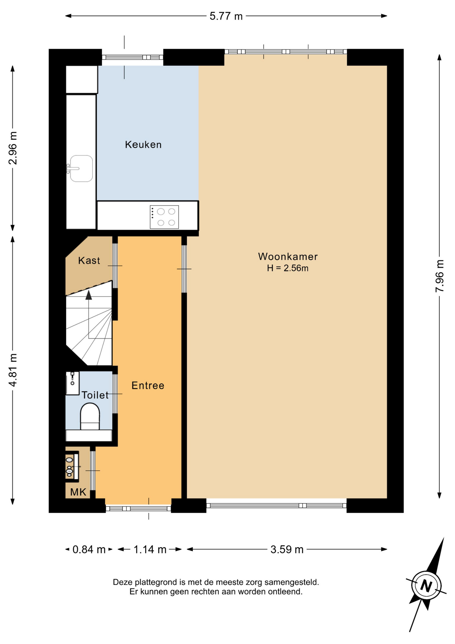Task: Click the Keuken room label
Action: coord(143,145)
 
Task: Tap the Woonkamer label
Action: coord(288,257)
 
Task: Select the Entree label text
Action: coord(148,385)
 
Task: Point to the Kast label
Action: coord(89,261)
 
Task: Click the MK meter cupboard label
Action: coord(78,492)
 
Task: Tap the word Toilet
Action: coord(95,395)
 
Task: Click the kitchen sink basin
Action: coord(81,168)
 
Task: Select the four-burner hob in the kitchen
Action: coord(164,217)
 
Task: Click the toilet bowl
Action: coord(90,417)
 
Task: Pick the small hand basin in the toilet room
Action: coord(72,383)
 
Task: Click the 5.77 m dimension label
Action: coord(226,16)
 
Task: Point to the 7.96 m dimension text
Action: coord(440,276)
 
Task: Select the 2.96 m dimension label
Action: coord(13,148)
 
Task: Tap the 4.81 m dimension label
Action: coord(13,370)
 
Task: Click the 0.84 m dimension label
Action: coord(89,549)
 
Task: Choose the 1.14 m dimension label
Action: coord(150,549)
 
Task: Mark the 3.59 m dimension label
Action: coord(287,549)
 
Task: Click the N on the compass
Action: coord(426,586)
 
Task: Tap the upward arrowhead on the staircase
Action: coord(89,295)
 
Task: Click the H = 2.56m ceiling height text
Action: coord(287,268)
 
